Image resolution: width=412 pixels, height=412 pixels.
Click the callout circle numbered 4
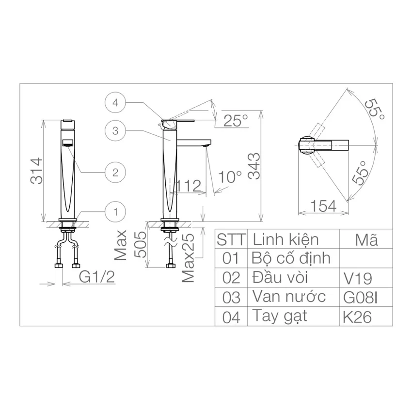tap(115, 102)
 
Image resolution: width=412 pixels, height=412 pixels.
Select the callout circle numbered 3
tap(115, 130)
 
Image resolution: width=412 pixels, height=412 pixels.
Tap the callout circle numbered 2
tap(115, 173)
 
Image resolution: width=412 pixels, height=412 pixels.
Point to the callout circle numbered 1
tap(115, 212)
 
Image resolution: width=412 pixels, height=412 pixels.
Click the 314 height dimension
tap(36, 171)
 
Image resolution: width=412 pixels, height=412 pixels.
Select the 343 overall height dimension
tap(254, 166)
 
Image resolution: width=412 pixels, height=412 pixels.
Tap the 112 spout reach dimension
tap(189, 186)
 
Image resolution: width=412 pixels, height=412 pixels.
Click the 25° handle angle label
tap(236, 121)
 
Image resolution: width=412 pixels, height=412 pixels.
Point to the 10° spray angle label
tap(230, 177)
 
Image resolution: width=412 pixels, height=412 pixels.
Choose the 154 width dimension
tap(323, 206)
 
